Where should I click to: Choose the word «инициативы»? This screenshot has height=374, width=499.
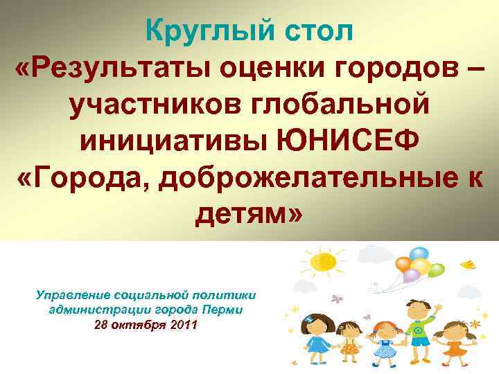pyautogui.click(x=176, y=143)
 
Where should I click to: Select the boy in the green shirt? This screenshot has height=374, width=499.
pyautogui.click(x=419, y=330)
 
